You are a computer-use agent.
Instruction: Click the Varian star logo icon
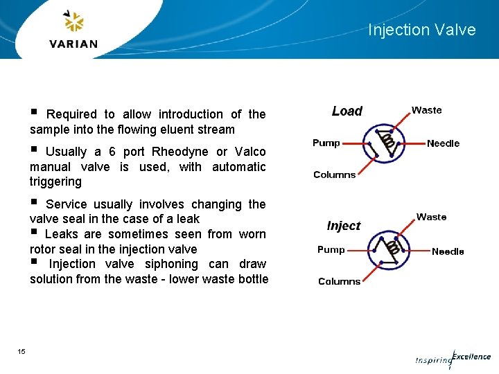click(73, 22)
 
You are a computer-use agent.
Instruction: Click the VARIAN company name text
click(73, 44)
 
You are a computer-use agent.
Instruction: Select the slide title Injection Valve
click(421, 30)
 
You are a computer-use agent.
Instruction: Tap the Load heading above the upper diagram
click(347, 111)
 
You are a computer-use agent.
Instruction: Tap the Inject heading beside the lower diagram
click(344, 226)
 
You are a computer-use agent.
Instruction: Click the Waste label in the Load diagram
click(426, 110)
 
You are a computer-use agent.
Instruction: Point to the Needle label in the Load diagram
click(443, 143)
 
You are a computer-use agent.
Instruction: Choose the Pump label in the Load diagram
click(326, 143)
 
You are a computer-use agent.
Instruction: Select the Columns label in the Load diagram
click(334, 175)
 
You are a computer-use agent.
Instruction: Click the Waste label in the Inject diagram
click(431, 217)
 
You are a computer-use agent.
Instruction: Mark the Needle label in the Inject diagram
click(448, 251)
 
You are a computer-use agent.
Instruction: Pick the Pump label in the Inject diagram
click(331, 249)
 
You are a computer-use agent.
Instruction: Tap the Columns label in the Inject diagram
click(339, 281)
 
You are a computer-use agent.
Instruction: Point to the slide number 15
click(21, 352)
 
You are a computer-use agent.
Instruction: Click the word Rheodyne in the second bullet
click(180, 152)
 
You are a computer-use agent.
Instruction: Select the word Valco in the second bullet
click(250, 152)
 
